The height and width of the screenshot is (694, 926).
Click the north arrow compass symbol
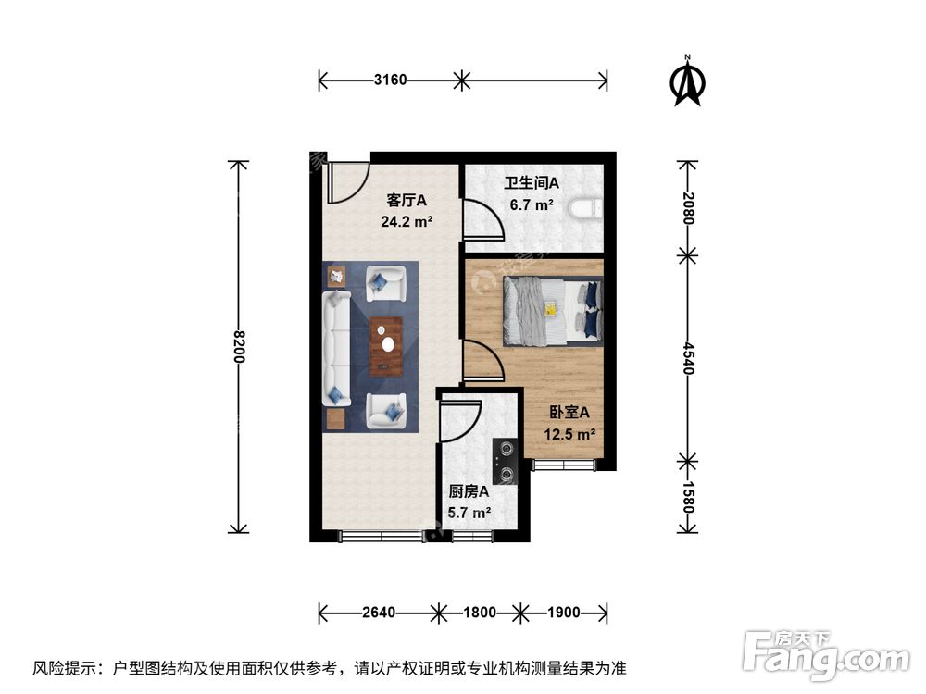point(687,82)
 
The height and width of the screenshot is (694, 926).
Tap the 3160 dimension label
point(390,81)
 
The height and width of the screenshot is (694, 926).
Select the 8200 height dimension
point(238,346)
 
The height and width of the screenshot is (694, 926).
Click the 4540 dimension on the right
point(687,356)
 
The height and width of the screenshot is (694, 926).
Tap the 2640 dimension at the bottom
point(379,612)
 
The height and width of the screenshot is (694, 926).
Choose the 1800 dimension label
point(480,612)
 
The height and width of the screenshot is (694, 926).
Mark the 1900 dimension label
point(562,612)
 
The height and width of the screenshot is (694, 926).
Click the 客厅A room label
point(407,199)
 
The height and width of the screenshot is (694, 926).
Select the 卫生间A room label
point(525,183)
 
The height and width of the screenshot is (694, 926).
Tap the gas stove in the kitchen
point(505,462)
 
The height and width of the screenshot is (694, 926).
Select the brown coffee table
point(386,346)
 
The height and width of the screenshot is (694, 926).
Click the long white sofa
point(334,349)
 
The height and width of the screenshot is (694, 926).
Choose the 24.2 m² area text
point(407,221)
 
